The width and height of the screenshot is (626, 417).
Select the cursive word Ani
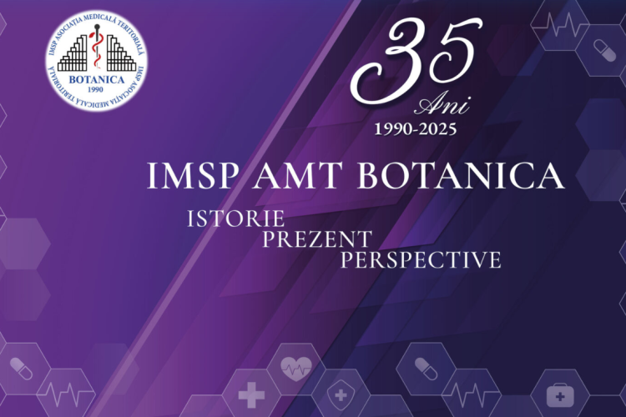(442, 104)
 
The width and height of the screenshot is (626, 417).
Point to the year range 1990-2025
(415, 129)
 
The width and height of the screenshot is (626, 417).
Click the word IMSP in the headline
(191, 176)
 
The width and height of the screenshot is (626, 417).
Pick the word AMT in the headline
(296, 176)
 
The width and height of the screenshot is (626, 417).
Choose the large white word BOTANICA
(461, 176)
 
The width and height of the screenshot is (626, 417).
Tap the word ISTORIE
(236, 219)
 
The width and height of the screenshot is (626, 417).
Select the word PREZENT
(317, 239)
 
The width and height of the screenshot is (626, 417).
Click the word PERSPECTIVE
(421, 259)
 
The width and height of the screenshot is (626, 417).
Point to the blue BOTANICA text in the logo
(97, 79)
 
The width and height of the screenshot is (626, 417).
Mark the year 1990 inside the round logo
(95, 89)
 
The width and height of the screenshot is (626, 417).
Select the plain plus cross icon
(251, 395)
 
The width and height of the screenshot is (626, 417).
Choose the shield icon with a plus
(341, 395)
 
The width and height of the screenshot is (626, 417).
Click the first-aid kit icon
(560, 395)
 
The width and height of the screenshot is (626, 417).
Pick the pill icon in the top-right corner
(605, 51)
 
